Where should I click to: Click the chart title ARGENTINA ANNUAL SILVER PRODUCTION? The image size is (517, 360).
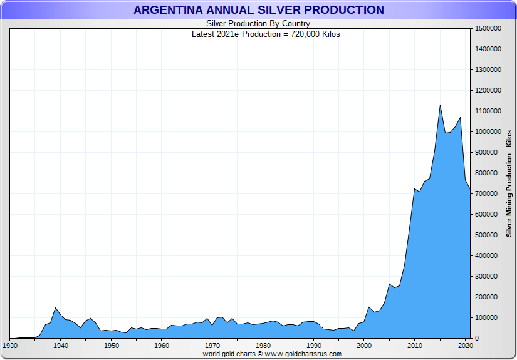click(x=258, y=10)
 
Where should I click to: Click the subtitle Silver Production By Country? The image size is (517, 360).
click(x=258, y=24)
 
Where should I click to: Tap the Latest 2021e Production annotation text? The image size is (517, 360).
click(x=266, y=34)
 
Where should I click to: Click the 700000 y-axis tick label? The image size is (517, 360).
click(x=487, y=193)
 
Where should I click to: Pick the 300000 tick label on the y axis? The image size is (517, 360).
click(x=487, y=276)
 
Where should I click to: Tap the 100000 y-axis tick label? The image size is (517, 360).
click(x=487, y=317)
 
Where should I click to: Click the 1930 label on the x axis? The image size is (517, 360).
click(x=10, y=345)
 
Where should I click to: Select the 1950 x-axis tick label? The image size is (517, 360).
click(x=111, y=345)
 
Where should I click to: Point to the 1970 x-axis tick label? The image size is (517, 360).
click(x=212, y=345)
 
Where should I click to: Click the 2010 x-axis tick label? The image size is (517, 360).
click(x=414, y=345)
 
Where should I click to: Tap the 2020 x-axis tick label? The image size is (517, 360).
click(x=465, y=345)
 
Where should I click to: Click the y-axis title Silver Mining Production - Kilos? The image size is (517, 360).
click(x=509, y=183)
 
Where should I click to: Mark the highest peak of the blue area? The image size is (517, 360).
click(x=440, y=105)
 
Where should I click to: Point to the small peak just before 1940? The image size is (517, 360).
click(x=56, y=308)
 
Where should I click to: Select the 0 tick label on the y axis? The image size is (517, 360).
click(x=477, y=338)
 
